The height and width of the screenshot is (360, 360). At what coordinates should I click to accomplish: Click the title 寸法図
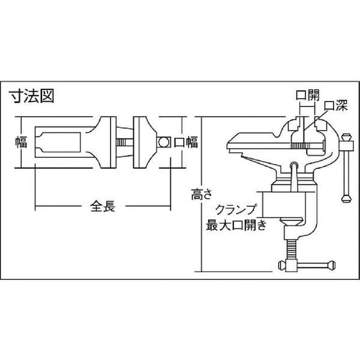[32, 97]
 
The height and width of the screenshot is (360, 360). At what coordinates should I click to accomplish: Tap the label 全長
[103, 206]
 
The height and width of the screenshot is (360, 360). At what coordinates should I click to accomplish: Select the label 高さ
[201, 194]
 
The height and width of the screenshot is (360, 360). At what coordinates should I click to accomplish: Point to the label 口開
[307, 95]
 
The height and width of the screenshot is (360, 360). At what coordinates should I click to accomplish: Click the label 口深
[336, 106]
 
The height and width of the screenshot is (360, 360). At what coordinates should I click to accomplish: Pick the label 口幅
[186, 142]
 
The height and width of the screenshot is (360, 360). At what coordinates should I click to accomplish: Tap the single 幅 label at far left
[21, 142]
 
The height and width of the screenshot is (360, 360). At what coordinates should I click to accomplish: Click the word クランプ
[236, 209]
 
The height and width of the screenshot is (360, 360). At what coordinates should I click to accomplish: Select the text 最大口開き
[236, 225]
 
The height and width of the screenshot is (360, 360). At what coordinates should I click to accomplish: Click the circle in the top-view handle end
[163, 142]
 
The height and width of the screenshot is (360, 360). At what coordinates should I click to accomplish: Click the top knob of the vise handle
[347, 137]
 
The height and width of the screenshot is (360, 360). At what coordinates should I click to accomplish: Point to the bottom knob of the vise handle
[346, 198]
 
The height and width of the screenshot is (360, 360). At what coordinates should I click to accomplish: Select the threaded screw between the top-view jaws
[124, 142]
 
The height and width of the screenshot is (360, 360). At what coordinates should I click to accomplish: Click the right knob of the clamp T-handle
[331, 265]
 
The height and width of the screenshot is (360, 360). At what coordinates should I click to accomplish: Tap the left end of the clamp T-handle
[281, 266]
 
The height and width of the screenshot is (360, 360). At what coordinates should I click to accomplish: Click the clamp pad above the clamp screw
[291, 221]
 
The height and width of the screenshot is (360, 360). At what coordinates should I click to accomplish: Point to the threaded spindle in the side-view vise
[301, 146]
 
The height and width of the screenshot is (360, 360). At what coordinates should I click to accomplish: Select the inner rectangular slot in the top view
[58, 142]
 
